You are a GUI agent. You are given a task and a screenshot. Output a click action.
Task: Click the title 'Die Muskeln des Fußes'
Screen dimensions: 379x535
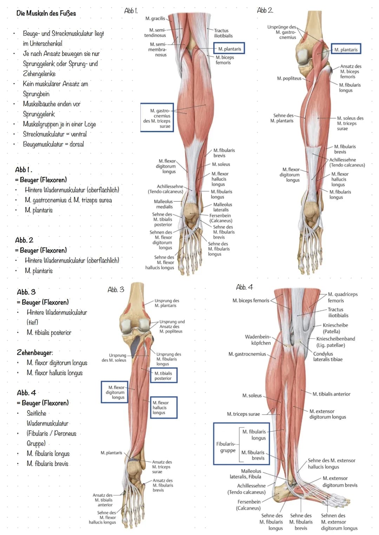(x=46, y=13)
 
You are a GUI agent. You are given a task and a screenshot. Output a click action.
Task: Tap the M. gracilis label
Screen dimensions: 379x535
(x=155, y=18)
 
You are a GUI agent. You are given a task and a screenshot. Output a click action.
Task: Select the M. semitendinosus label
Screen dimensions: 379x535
(x=155, y=33)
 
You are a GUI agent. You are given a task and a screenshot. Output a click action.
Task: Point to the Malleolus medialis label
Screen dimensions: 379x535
(x=163, y=204)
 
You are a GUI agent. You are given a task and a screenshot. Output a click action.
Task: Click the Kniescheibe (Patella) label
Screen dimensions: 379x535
(x=335, y=328)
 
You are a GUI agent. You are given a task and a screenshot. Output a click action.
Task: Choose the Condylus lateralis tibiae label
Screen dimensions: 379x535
(x=328, y=356)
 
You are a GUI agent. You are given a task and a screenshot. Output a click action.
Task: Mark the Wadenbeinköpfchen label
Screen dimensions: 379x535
(x=258, y=340)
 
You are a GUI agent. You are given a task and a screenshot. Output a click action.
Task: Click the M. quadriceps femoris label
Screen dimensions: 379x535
(x=343, y=297)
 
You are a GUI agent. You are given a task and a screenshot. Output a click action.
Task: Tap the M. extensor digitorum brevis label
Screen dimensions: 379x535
(x=340, y=482)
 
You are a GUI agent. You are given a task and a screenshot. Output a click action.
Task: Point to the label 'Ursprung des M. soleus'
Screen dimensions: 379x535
(x=114, y=357)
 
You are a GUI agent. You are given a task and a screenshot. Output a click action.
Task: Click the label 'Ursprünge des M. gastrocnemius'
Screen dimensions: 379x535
(x=282, y=32)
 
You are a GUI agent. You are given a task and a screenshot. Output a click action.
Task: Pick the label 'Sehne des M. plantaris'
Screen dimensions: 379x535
(x=282, y=118)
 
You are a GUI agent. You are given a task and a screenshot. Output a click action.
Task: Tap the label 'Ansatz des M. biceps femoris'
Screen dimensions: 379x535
(x=351, y=72)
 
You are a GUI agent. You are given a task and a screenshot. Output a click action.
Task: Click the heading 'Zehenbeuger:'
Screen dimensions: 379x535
(x=35, y=353)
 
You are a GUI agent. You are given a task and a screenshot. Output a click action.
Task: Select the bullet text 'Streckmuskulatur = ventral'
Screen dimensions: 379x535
(x=55, y=134)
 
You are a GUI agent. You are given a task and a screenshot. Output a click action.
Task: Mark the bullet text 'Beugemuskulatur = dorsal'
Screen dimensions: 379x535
(x=53, y=144)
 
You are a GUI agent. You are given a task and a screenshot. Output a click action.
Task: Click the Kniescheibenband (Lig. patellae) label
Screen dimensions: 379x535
(x=335, y=342)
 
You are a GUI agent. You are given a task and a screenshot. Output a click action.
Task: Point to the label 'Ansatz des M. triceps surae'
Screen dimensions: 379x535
(x=162, y=467)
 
